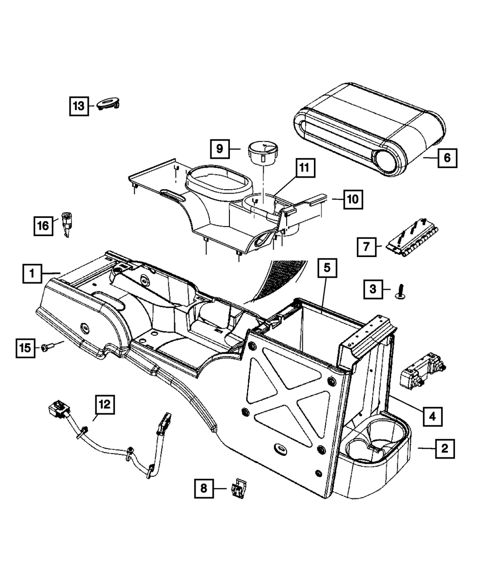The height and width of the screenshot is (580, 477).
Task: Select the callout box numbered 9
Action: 219,149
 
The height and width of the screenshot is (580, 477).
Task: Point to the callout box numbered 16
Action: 43,225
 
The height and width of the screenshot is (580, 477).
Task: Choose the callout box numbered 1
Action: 32,274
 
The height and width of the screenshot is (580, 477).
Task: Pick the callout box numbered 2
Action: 445,449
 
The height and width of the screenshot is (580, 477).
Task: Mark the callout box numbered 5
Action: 327,269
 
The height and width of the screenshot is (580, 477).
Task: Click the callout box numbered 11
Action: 304,168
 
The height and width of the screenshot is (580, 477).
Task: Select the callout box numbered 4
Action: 432,416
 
